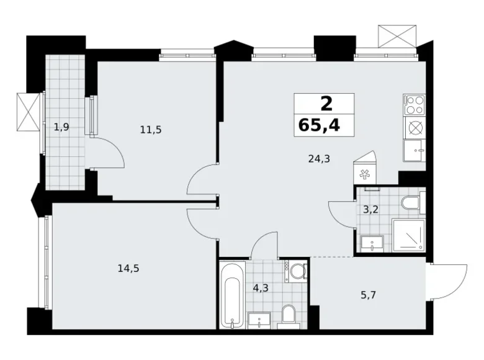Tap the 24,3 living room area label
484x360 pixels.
(318, 158)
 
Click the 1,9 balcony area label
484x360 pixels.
(61, 128)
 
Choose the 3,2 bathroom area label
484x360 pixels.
(370, 209)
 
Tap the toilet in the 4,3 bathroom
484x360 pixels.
(287, 315)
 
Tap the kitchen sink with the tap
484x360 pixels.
(413, 149)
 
